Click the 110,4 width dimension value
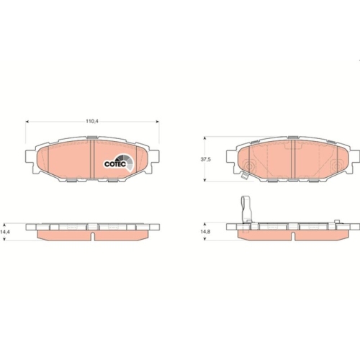92,122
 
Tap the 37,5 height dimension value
206,159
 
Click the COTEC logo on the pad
119,163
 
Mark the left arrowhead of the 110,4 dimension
27,122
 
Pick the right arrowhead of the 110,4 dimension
158,122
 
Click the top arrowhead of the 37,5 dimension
204,138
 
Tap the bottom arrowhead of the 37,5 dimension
204,180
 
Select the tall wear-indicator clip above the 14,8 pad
246,210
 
